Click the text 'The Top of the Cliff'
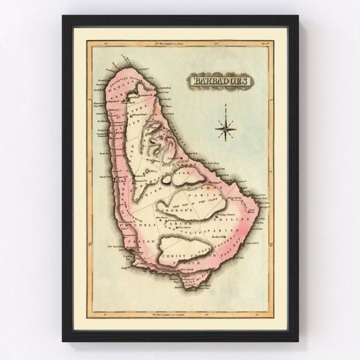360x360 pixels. tap(180, 205)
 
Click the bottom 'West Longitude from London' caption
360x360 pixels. tap(180, 313)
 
